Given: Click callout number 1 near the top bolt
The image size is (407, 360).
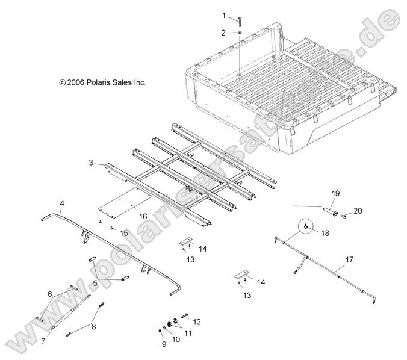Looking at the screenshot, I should click(x=225, y=15).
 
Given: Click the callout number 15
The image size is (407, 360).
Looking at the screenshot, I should click(x=124, y=232).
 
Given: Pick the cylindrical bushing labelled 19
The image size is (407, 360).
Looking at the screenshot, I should click(x=329, y=211).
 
